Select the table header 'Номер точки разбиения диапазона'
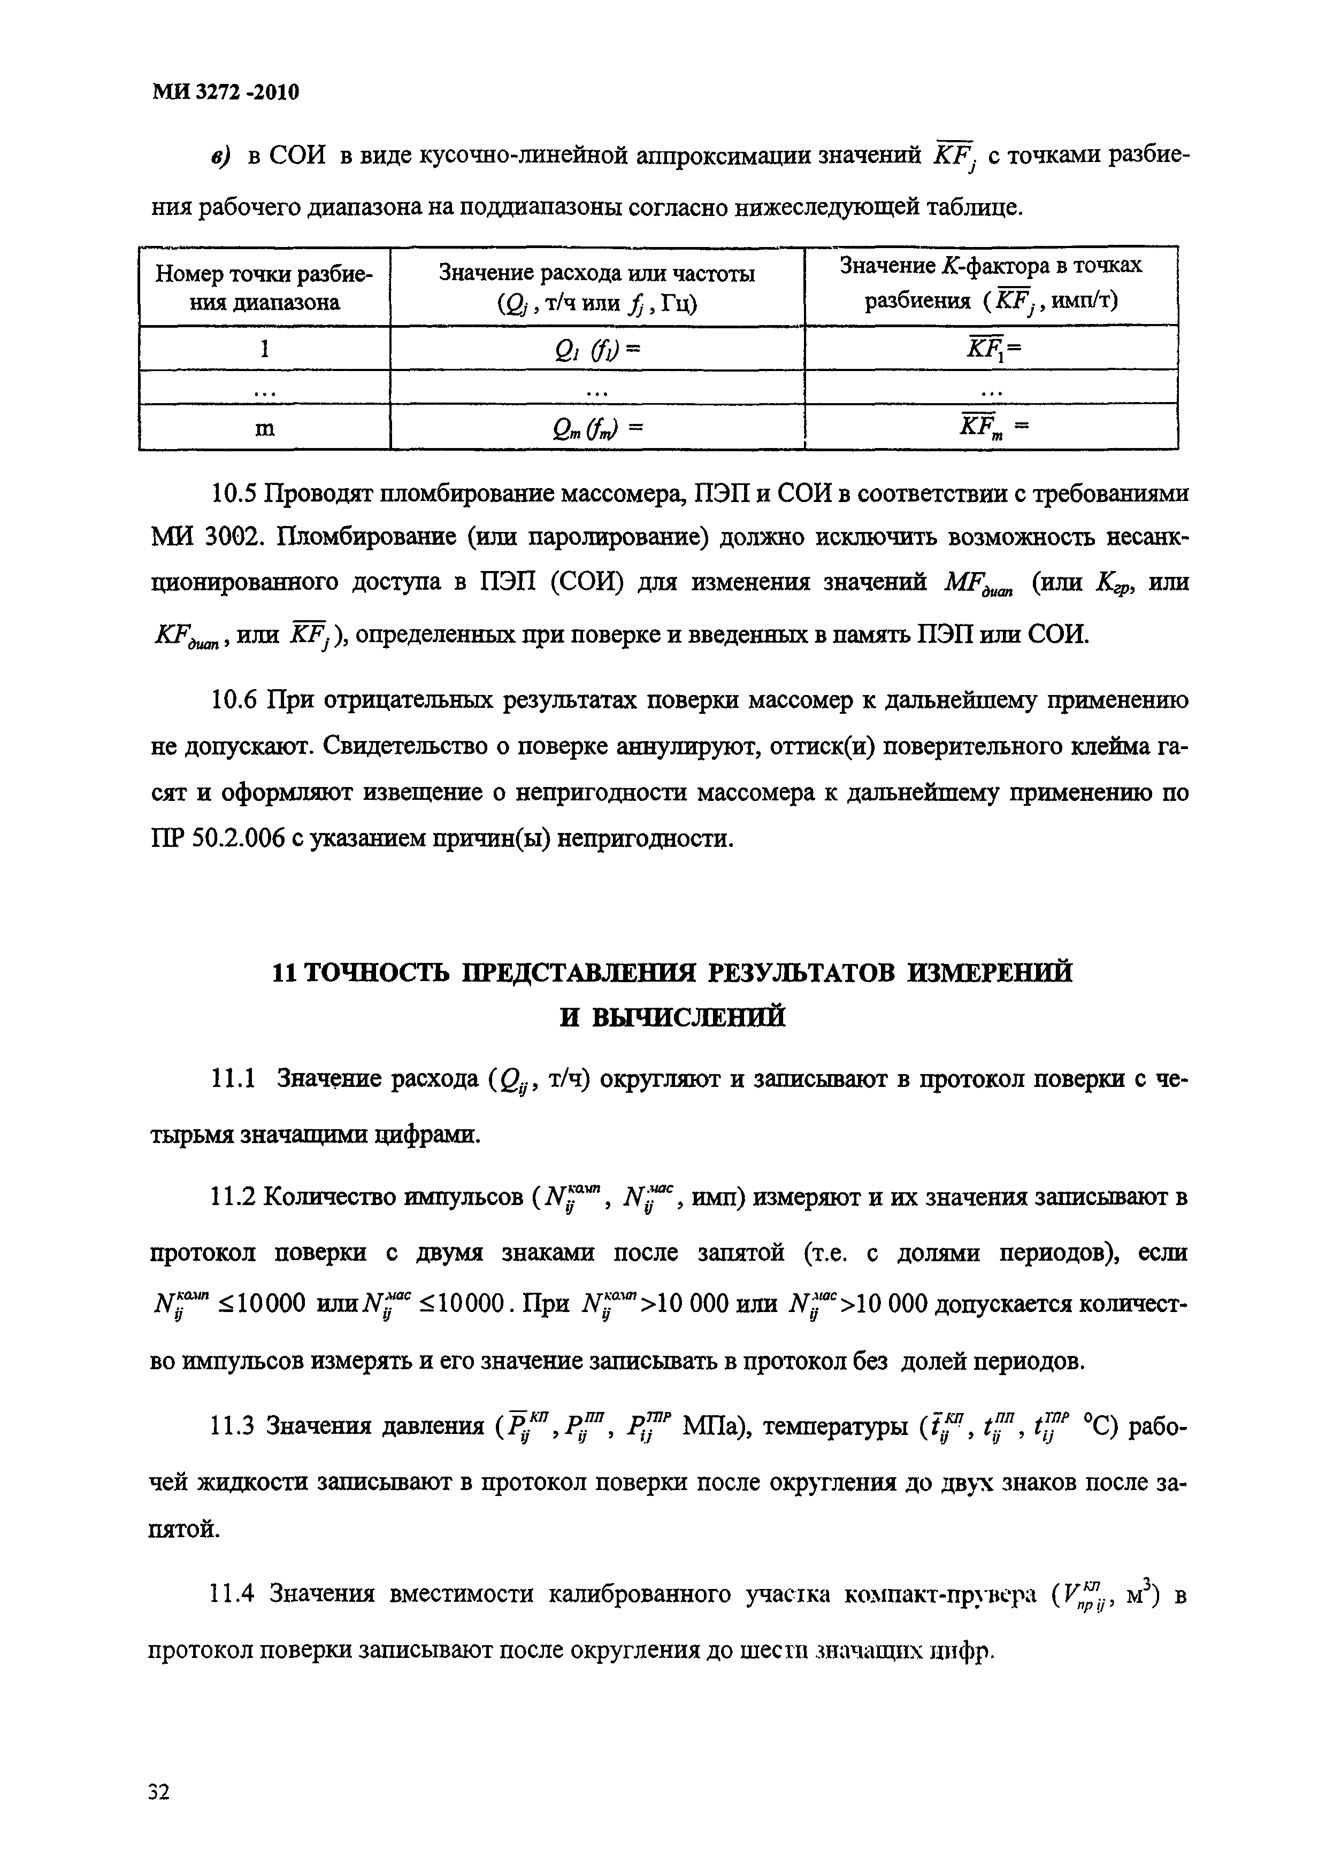tap(264, 288)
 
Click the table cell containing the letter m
tap(264, 427)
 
